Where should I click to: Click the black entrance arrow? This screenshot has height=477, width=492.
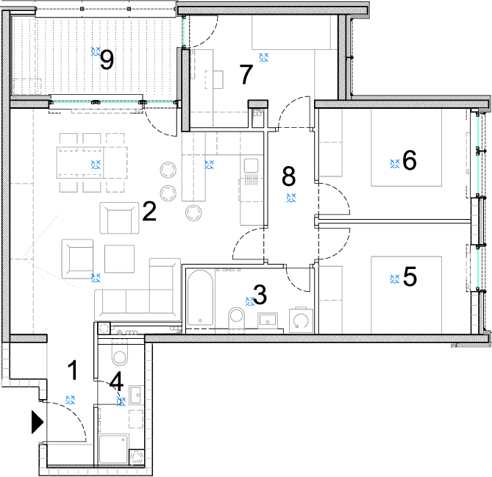pos(37,422)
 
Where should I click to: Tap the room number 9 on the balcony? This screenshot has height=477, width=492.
pos(107,60)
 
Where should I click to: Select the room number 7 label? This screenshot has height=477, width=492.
pos(246,74)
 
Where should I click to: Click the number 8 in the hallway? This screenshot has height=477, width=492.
pos(289,176)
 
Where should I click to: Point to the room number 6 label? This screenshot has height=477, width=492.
pos(410,160)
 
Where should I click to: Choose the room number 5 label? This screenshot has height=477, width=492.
pos(410,276)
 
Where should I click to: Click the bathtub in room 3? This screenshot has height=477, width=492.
pos(200,298)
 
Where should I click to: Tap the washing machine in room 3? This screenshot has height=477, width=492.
pos(301,320)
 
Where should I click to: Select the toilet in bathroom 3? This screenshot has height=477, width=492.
pos(237,318)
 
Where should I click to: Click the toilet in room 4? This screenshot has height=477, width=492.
pos(120,355)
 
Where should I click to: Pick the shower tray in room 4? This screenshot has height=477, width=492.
pos(113,449)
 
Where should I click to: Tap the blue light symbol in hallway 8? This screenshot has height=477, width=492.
pos(291,198)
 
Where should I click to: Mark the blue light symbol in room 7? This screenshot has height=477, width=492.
pos(264,57)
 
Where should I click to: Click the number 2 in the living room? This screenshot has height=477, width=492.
pos(149,212)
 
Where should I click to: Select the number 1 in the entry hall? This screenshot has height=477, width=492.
pos(73,370)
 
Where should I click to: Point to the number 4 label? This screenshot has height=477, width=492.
pos(116,381)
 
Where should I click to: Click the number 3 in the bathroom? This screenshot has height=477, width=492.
pos(260,295)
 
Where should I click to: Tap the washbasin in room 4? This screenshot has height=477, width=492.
pos(136,395)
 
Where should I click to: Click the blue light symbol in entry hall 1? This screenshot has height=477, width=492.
pos(71,400)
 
